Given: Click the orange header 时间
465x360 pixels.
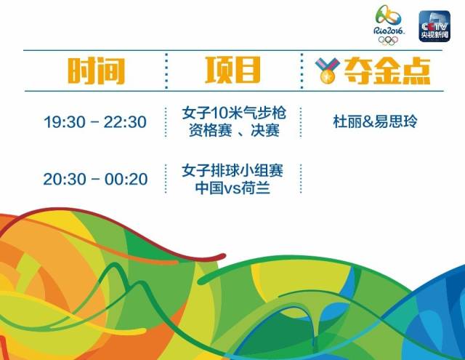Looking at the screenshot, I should point(96,71).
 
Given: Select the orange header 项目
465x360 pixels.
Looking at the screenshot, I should point(232,71).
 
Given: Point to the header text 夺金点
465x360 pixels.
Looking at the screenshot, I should point(384,71).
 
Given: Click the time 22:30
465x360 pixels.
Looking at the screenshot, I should point(125,122).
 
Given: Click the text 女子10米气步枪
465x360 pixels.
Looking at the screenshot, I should point(232,114).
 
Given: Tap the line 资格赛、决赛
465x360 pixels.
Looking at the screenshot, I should point(232,131).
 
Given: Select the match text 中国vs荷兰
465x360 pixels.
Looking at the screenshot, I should point(232,188).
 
